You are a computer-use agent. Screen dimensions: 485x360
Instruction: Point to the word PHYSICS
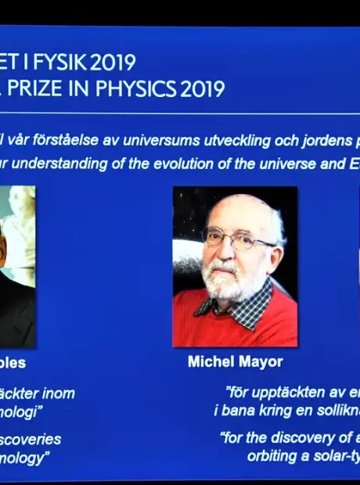137,88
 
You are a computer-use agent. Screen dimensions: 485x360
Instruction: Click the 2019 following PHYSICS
203,88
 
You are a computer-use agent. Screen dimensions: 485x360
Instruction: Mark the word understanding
62,163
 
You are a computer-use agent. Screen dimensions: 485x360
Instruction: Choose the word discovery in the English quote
304,438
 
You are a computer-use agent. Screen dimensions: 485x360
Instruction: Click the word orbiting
273,455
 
